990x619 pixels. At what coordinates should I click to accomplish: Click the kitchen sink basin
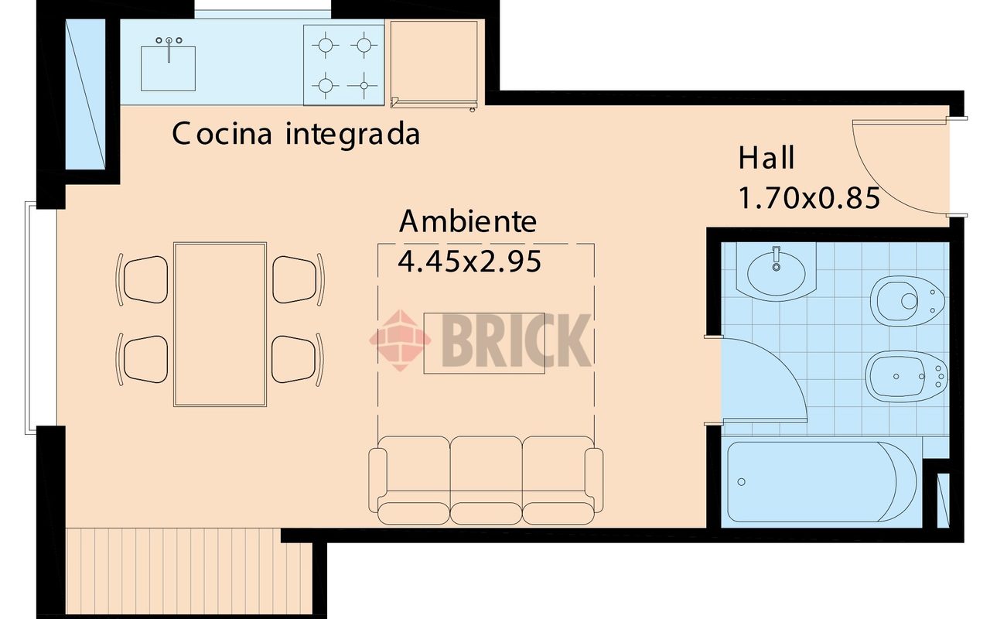(168, 68)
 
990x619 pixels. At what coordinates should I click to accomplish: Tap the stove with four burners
(343, 64)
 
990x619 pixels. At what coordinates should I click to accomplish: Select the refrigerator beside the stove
(434, 62)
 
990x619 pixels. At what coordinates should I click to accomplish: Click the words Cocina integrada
(295, 134)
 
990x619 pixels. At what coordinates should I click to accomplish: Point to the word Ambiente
(467, 222)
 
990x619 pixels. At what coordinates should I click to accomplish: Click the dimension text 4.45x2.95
(469, 262)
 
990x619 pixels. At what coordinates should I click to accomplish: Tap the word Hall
(766, 158)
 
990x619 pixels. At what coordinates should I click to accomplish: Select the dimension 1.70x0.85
(809, 199)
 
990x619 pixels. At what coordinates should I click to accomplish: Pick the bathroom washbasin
(776, 271)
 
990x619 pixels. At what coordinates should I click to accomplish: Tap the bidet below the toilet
(905, 377)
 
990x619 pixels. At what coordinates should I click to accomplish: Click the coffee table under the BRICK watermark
(483, 344)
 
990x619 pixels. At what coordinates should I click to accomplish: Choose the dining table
(220, 323)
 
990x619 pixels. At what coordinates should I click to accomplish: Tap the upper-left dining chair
(145, 279)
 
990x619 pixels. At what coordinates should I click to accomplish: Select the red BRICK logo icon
(399, 340)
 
